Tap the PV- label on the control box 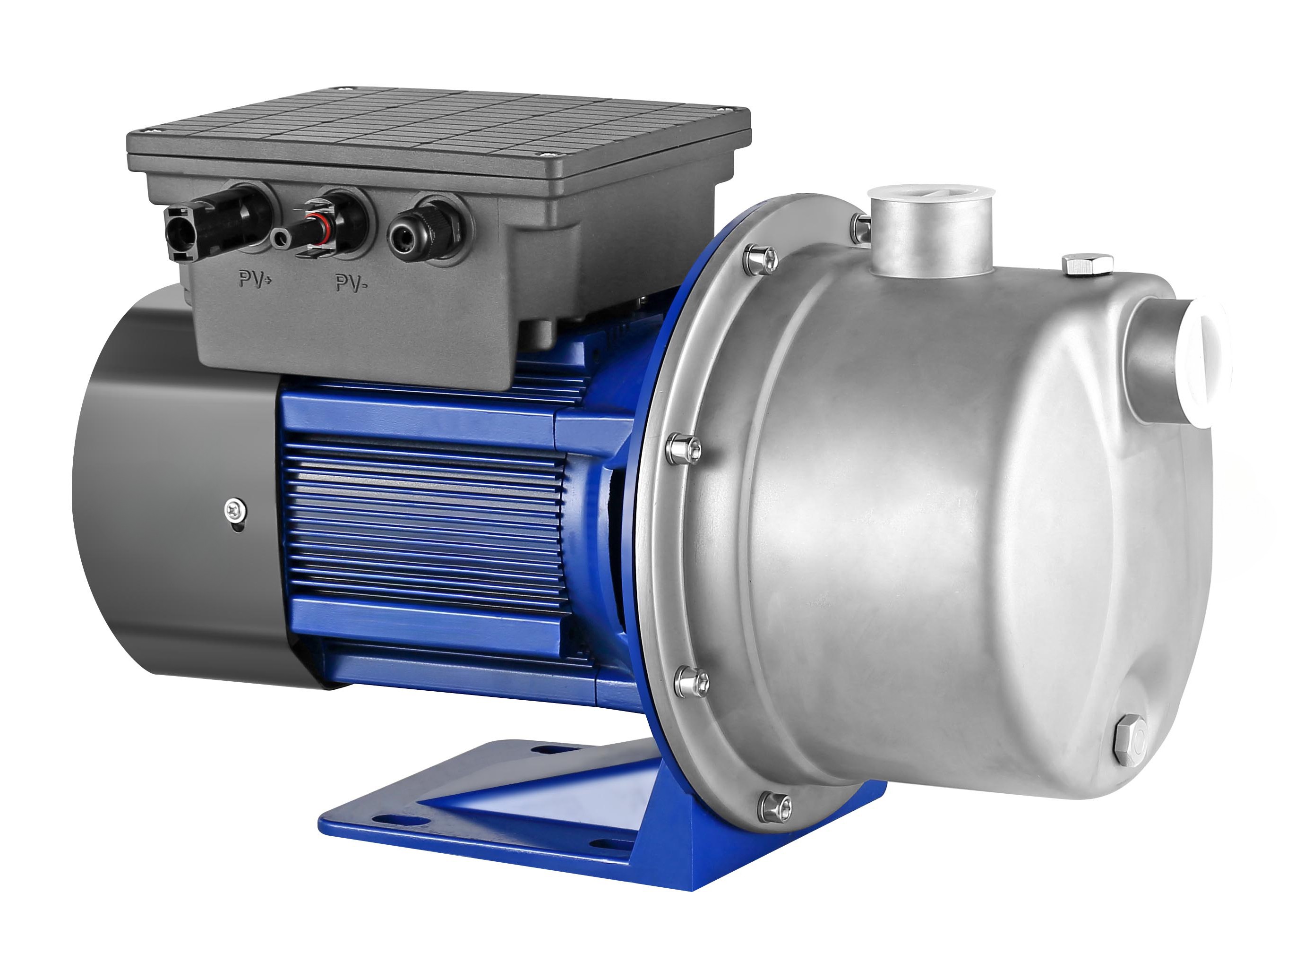pos(352,283)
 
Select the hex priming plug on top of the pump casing pos(1087,264)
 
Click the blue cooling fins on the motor pos(424,519)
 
